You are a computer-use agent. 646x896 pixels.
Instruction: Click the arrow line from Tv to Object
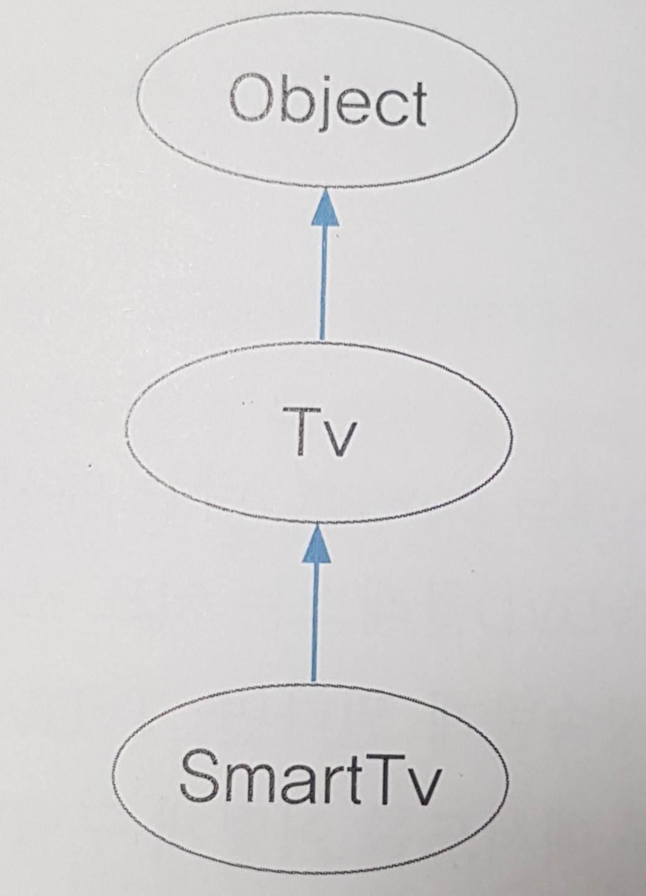(x=323, y=280)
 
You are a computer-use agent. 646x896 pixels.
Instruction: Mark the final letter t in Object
(x=417, y=103)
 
